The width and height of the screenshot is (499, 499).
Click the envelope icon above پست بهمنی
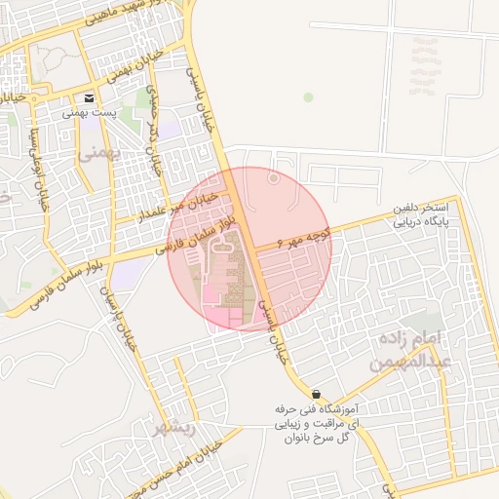click(x=90, y=98)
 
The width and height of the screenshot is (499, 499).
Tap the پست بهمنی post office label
click(x=90, y=113)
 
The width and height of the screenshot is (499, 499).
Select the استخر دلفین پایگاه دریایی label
click(x=420, y=214)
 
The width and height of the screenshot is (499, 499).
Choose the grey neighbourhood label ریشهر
click(x=174, y=427)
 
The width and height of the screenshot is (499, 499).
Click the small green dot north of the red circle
click(x=308, y=97)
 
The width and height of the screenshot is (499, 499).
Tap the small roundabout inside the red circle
click(x=274, y=178)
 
